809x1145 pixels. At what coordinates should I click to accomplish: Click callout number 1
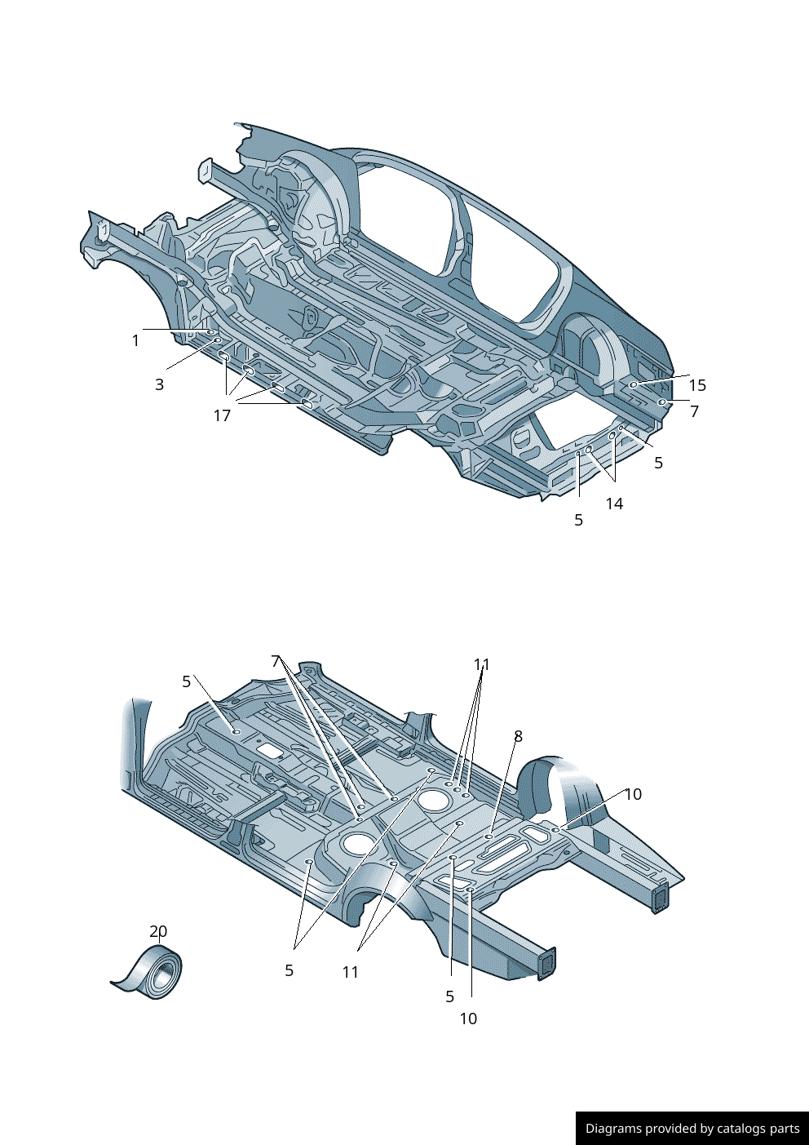pyautogui.click(x=135, y=340)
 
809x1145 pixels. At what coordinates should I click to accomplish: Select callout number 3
pyautogui.click(x=159, y=384)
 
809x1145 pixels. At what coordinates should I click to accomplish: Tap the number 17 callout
pyautogui.click(x=222, y=415)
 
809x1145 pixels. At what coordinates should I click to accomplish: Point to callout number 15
pyautogui.click(x=697, y=385)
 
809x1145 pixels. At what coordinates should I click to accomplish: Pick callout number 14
pyautogui.click(x=614, y=504)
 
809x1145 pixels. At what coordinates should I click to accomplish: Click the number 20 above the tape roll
pyautogui.click(x=158, y=931)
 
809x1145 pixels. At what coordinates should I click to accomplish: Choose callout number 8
pyautogui.click(x=518, y=736)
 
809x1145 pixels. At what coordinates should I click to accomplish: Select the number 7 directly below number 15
pyautogui.click(x=694, y=411)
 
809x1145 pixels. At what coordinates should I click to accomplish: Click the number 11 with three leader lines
pyautogui.click(x=482, y=665)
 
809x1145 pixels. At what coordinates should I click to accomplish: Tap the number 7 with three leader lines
pyautogui.click(x=276, y=661)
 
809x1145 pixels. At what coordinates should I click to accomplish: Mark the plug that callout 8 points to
pyautogui.click(x=488, y=837)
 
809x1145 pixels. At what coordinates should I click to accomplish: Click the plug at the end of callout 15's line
pyautogui.click(x=634, y=384)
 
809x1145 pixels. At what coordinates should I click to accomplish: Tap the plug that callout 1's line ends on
pyautogui.click(x=210, y=332)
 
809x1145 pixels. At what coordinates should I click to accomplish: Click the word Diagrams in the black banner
pyautogui.click(x=613, y=1129)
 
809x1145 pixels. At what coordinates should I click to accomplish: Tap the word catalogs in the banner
pyautogui.click(x=746, y=1129)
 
